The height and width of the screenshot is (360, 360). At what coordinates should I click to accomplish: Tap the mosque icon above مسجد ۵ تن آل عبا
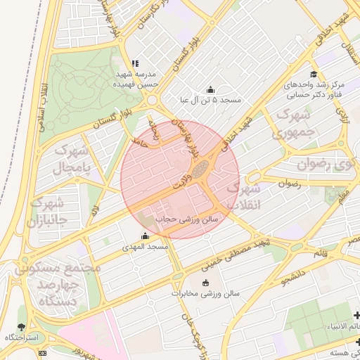click(210, 89)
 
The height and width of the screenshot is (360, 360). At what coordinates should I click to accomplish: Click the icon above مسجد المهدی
click(146, 236)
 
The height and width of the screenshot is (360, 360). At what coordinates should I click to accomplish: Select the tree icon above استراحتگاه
click(22, 327)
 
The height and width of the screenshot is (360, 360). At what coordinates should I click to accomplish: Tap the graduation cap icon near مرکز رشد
click(313, 75)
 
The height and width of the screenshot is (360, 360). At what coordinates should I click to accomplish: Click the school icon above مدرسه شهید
click(134, 63)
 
